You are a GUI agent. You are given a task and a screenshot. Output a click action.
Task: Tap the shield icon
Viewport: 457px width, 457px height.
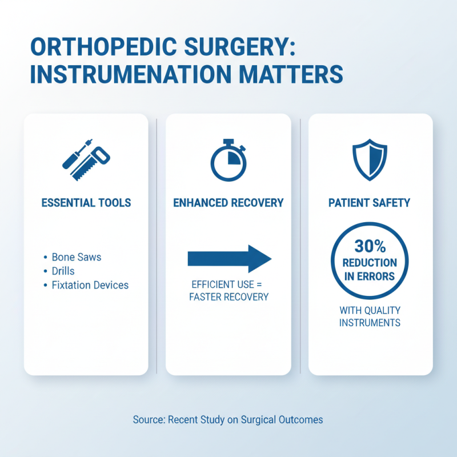pos(370,158)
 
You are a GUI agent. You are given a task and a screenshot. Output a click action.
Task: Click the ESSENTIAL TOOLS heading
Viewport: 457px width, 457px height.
pos(86,203)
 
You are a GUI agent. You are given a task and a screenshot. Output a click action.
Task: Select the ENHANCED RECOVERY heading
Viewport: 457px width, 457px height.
pos(228,203)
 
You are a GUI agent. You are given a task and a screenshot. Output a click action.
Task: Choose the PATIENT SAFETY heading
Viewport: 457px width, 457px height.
pos(370,203)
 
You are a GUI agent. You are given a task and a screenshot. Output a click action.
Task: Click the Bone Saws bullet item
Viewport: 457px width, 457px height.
pos(76,258)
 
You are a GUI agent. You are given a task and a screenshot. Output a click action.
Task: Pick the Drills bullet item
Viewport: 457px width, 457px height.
pos(63,271)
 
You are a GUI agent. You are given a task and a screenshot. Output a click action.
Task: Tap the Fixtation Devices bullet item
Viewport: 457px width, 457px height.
pos(90,285)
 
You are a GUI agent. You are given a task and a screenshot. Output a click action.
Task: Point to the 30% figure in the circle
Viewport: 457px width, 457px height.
pos(370,247)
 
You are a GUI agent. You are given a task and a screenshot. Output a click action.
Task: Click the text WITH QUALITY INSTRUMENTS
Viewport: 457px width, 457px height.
pos(370,316)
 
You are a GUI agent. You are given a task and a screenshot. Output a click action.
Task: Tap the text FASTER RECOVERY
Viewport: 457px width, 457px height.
pos(228,297)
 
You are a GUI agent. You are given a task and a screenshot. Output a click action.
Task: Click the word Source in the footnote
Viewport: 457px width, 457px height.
pos(149,420)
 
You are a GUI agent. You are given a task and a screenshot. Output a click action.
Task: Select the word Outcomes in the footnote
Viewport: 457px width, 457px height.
pos(300,420)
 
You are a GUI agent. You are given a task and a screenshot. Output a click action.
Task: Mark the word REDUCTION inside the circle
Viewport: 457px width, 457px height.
pos(370,263)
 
